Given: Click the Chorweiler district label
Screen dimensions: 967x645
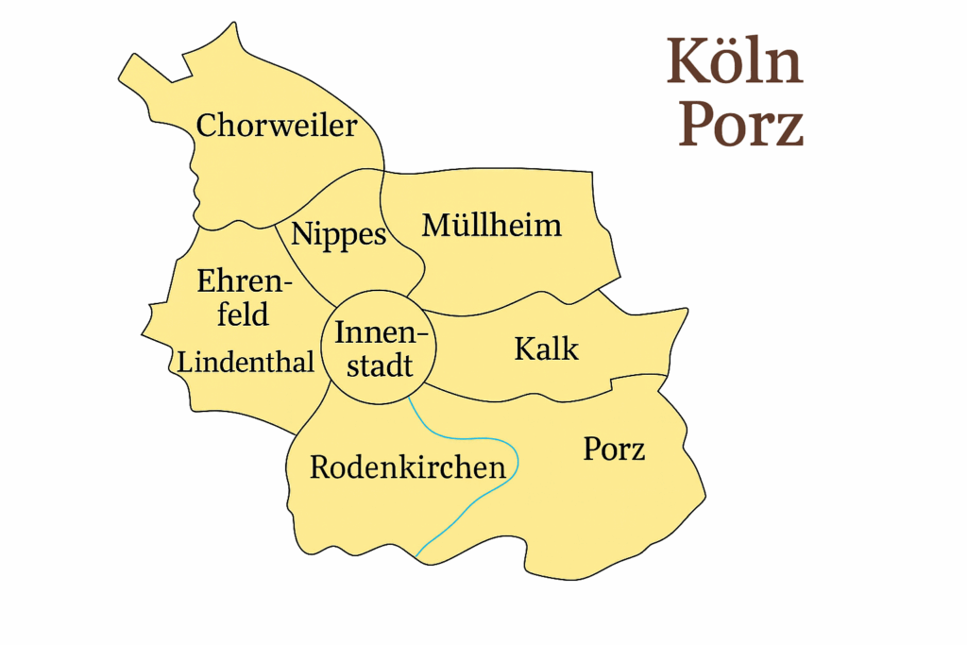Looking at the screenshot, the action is [277, 126].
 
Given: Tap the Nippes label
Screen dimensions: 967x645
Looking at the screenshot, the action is [339, 234].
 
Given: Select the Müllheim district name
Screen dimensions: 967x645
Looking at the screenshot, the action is [491, 225].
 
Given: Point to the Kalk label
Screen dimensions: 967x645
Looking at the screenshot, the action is [546, 348].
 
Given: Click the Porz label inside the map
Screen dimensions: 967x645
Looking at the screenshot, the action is [614, 449].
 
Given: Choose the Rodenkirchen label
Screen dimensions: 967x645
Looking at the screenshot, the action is [407, 467].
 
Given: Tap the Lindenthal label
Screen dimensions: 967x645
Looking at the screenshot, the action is [246, 361].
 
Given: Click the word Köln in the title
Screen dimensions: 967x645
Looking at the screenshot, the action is [735, 62].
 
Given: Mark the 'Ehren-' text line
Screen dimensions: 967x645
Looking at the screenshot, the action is [245, 280].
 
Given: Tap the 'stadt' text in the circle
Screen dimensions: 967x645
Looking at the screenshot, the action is [380, 365].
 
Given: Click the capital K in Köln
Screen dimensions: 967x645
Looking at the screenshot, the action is [687, 62].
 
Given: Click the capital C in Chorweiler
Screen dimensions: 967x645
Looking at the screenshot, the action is [207, 126].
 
